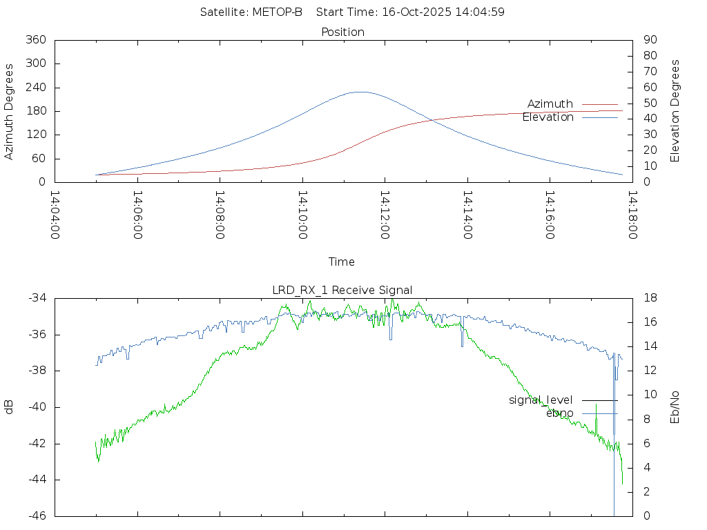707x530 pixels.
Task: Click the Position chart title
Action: tap(342, 32)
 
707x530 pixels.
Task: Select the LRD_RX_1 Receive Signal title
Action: tap(342, 290)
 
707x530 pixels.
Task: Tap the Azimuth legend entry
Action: tap(550, 104)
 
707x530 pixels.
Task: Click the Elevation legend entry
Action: tap(548, 117)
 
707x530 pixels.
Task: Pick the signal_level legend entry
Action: tap(541, 400)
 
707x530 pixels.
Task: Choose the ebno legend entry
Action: tap(559, 413)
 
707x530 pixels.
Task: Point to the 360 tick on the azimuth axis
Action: tap(35, 40)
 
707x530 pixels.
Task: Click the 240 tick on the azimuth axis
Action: tap(35, 88)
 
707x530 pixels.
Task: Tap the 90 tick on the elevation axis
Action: tap(649, 40)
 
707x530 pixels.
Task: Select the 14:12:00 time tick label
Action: tap(384, 215)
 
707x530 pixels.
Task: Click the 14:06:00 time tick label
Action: tap(137, 215)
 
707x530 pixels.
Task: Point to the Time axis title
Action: tap(342, 262)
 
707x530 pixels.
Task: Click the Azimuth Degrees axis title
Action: tap(10, 111)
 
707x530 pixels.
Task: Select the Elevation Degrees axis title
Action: tap(675, 110)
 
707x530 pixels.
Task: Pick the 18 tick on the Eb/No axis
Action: tap(649, 298)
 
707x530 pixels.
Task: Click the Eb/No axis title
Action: tap(675, 407)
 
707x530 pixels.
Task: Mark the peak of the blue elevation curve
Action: tap(360, 92)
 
